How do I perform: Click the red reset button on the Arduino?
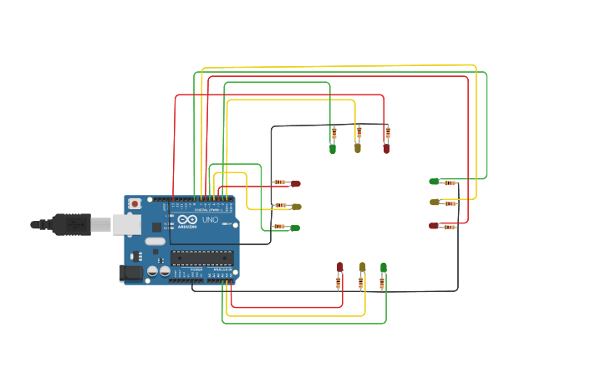135,203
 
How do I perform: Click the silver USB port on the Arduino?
126,223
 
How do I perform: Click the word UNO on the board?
210,220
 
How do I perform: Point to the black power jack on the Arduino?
131,272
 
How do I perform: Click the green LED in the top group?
333,149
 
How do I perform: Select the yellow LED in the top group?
358,148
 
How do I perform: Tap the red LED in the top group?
386,149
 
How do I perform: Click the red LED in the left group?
295,183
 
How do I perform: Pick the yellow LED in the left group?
296,206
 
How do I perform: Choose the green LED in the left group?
295,228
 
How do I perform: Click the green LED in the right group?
434,182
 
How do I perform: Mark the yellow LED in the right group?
434,202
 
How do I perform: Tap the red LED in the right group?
433,225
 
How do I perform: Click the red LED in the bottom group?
339,267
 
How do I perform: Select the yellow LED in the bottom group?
362,267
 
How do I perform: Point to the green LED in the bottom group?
384,267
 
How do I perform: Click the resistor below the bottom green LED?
382,284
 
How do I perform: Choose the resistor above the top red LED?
388,131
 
